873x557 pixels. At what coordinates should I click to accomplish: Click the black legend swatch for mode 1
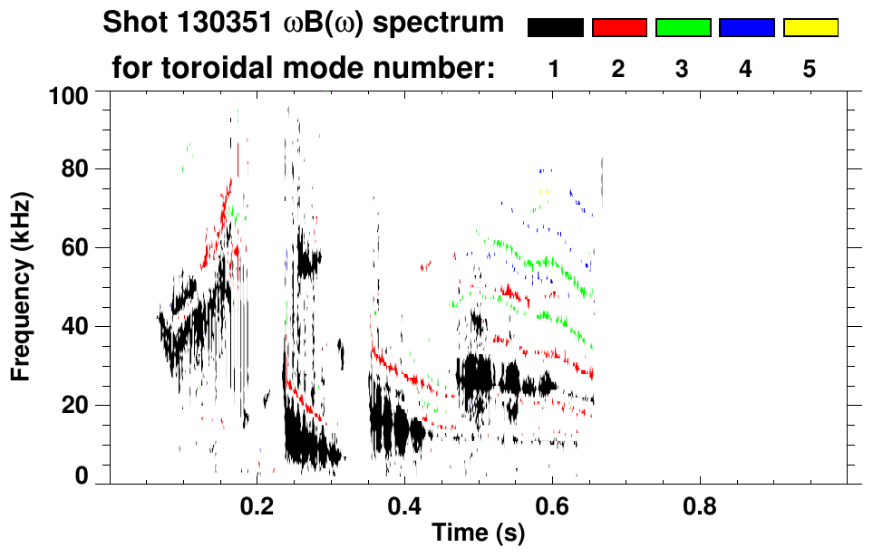555,28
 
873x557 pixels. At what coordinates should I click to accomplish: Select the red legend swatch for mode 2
619,28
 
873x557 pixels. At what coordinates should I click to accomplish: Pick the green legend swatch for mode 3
683,28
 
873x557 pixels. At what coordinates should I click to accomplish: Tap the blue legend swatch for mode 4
746,28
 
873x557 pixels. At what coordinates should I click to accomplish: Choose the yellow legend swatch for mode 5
810,28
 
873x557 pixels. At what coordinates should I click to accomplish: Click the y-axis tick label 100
68,95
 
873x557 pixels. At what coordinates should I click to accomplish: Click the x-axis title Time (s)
478,534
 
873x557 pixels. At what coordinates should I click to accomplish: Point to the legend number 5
810,69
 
